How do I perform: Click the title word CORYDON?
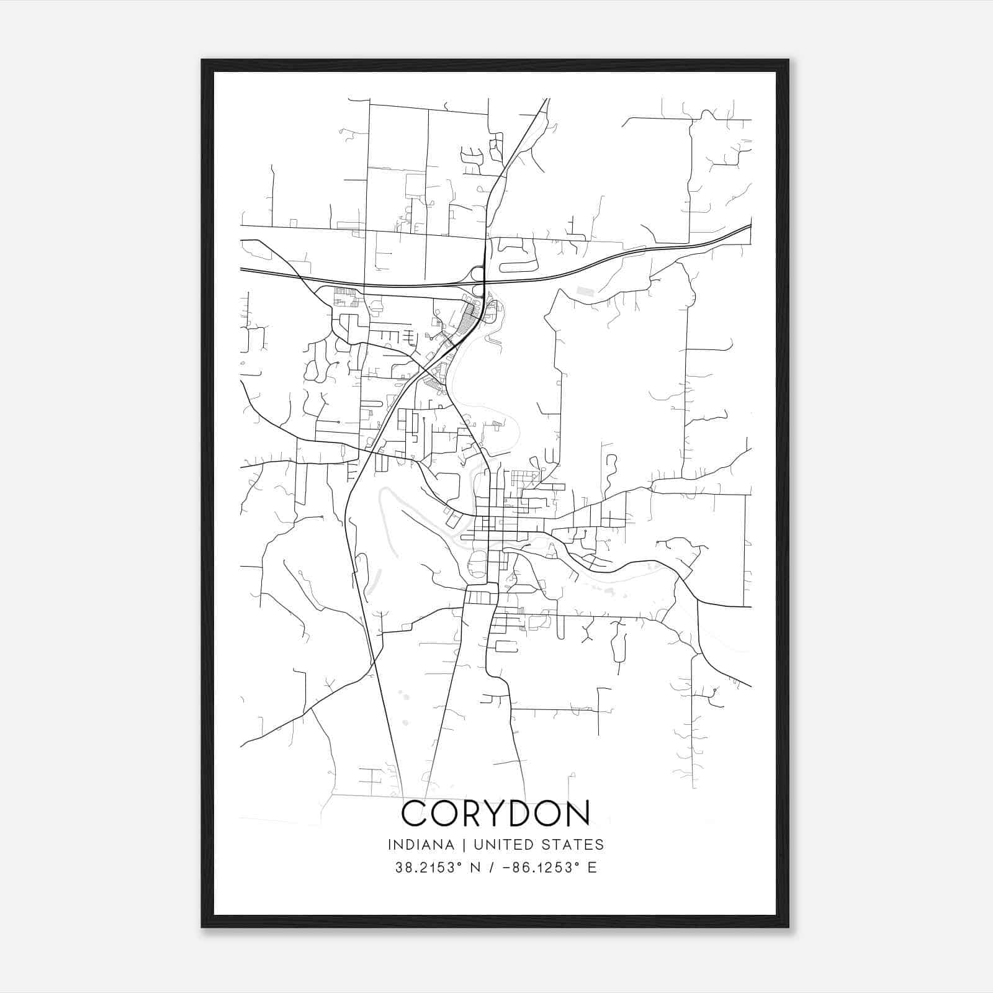496,813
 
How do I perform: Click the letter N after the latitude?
476,868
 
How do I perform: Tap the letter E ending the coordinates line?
592,868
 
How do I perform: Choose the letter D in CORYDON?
524,813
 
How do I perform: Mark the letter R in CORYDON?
465,813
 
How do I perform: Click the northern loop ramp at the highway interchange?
476,273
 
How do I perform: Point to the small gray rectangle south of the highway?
585,290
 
